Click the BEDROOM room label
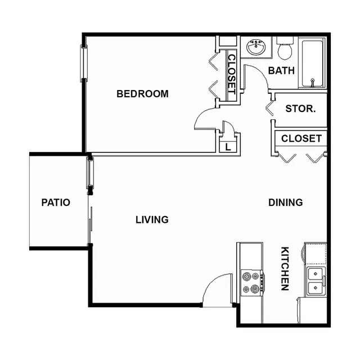coord(142,94)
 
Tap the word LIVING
coord(152,220)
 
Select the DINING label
coord(286,202)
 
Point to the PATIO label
coord(56,202)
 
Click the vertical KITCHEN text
coord(285,269)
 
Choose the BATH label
coord(281,70)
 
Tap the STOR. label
coord(300,109)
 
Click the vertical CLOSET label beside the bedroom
coord(231,74)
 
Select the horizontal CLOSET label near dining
coord(301,138)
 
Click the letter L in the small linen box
coord(228,147)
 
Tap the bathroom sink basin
coord(256,47)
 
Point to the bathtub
coord(312,64)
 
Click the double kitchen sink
coord(316,281)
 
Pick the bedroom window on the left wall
coord(84,63)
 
